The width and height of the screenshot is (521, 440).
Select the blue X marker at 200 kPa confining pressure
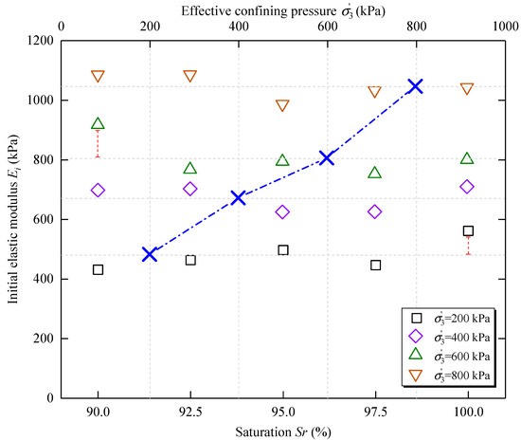[149, 254]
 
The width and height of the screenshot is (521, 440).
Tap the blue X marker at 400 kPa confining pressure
[238, 197]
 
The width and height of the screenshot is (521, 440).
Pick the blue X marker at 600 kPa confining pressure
[327, 157]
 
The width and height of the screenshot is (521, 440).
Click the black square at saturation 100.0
[468, 230]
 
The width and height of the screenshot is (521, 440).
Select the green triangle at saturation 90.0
[98, 123]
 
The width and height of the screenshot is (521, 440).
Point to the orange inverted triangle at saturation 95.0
[282, 105]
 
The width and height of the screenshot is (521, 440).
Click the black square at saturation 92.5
[190, 260]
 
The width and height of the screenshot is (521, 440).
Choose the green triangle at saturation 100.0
[467, 158]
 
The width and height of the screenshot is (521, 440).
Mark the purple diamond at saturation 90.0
[98, 191]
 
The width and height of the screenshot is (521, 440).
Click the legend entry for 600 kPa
[446, 354]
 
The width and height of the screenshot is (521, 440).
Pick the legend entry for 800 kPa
[446, 373]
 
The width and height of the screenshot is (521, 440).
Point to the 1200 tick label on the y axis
[39, 41]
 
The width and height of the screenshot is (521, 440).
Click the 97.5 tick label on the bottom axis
[375, 412]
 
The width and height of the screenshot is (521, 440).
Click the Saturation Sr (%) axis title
[282, 431]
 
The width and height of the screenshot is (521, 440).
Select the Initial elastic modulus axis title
[12, 218]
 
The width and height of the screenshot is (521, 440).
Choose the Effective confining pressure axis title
[282, 9]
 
